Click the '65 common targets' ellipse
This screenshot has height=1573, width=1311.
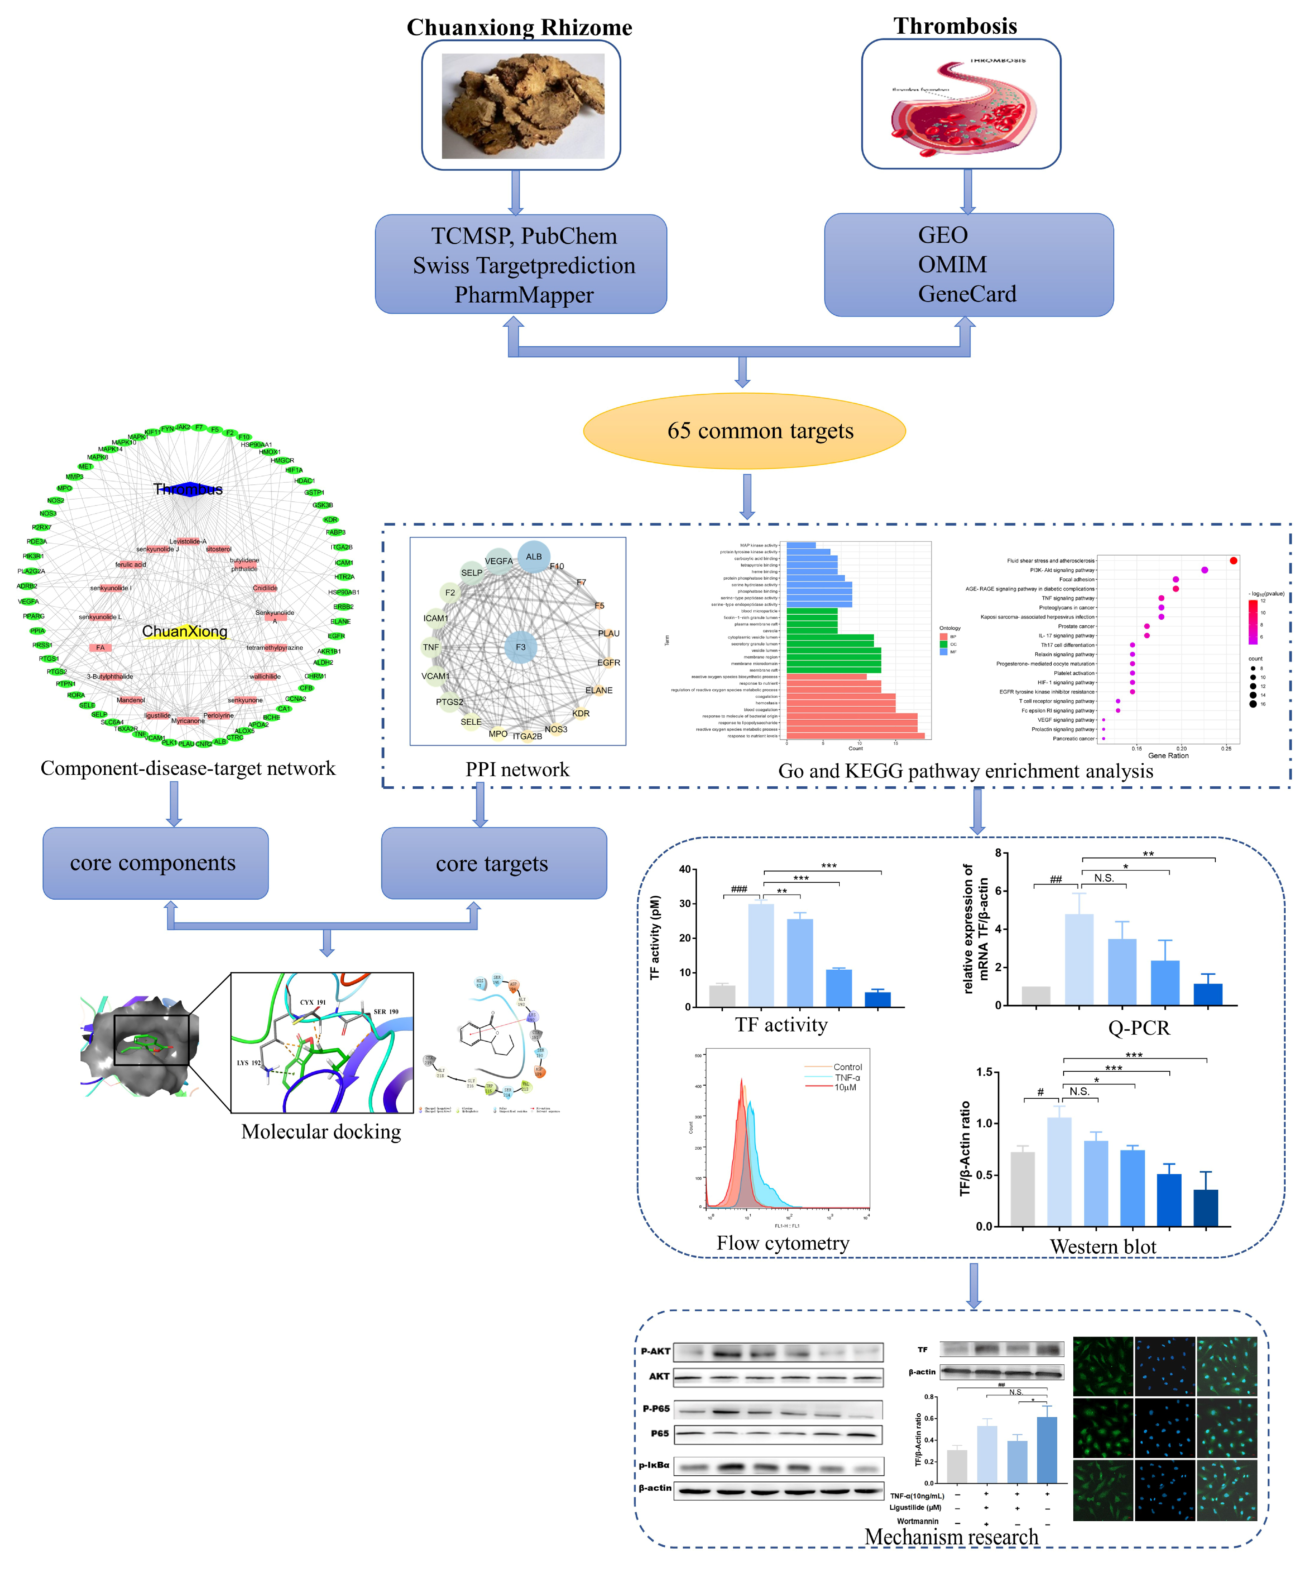click(x=744, y=431)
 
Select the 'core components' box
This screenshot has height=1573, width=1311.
click(x=155, y=863)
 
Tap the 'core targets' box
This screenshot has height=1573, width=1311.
click(x=494, y=863)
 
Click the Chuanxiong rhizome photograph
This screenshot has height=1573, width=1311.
click(x=522, y=106)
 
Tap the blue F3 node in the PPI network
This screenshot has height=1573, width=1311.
click(x=521, y=647)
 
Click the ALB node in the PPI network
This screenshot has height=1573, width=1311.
click(x=533, y=557)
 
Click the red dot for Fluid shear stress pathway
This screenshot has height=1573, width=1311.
click(x=1233, y=560)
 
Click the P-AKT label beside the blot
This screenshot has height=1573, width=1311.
click(x=655, y=1351)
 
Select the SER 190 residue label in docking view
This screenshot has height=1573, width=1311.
click(x=386, y=1012)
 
